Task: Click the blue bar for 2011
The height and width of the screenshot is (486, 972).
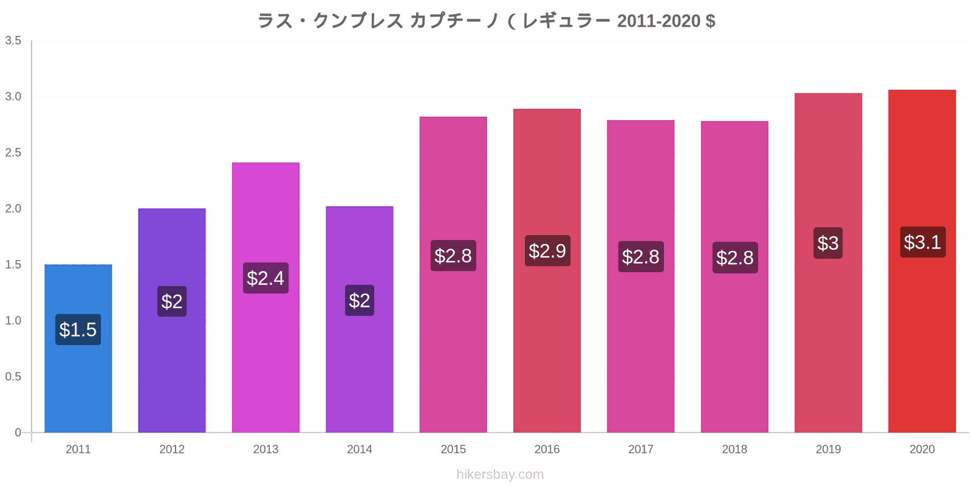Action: click(78, 349)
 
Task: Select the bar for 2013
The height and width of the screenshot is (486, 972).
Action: click(265, 298)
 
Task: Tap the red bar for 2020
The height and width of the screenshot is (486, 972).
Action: click(922, 261)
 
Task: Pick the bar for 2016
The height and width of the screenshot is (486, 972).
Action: click(547, 271)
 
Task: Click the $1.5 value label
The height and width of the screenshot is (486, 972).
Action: click(78, 330)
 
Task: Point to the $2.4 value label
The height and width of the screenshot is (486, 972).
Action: click(265, 278)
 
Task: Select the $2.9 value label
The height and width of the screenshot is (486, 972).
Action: click(547, 251)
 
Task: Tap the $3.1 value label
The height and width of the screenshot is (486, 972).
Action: click(923, 242)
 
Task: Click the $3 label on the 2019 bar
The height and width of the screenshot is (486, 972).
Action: click(828, 243)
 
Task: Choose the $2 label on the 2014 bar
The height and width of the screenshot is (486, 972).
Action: click(360, 300)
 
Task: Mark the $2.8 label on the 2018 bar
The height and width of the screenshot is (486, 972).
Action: click(735, 258)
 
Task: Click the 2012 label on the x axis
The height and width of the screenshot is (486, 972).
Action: click(172, 449)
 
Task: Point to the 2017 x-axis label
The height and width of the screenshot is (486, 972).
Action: click(641, 449)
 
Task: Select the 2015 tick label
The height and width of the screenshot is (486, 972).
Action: click(453, 449)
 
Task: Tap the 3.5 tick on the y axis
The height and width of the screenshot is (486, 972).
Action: click(13, 40)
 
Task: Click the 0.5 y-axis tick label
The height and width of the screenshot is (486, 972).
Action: click(13, 376)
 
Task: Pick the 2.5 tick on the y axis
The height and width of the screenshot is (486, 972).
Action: click(13, 152)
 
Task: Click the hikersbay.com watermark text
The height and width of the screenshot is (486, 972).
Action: click(500, 474)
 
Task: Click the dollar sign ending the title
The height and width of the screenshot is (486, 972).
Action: click(710, 21)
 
